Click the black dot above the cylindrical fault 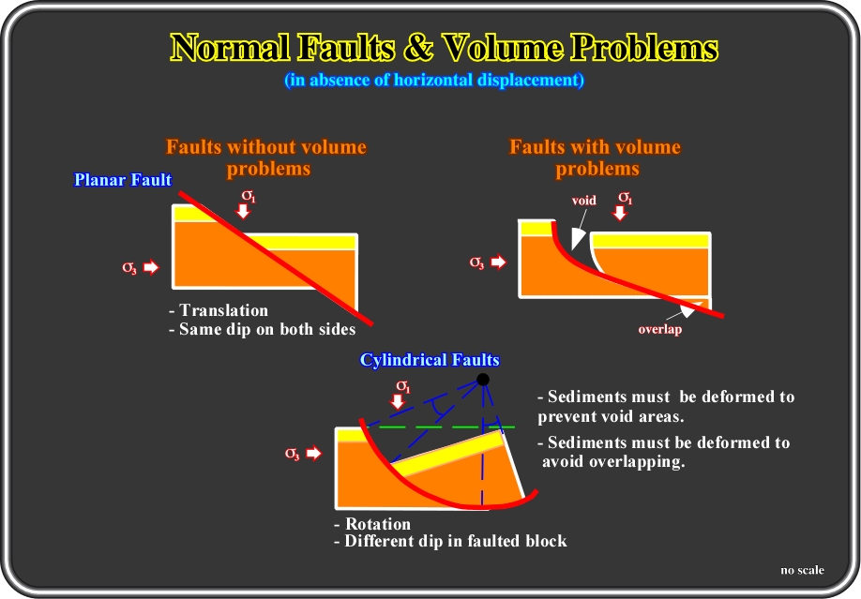pos(483,380)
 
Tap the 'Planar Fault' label pos(123,180)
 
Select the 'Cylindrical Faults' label pos(430,360)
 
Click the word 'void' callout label pos(583,201)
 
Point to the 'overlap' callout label pos(660,329)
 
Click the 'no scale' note pos(802,570)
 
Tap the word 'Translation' pos(223,310)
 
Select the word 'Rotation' pos(378,523)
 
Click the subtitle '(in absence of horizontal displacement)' pos(434,81)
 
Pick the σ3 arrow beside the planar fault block pos(151,267)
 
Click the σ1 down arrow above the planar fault pos(243,211)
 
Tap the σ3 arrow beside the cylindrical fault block pos(313,453)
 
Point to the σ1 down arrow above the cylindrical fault pos(398,401)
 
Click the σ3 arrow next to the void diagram pos(498,262)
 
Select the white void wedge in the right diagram pos(577,238)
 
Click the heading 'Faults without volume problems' pos(266,157)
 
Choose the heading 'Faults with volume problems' pos(596,157)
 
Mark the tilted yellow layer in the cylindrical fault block pos(447,453)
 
